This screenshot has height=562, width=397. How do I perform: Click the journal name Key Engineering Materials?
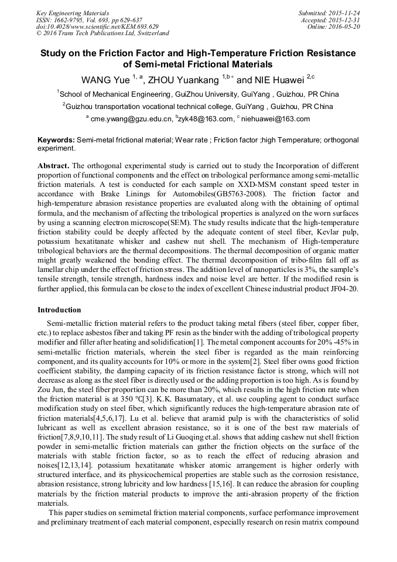coord(73,12)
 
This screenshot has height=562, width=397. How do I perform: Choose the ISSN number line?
coord(89,19)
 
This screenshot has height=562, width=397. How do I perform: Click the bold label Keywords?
coord(56,141)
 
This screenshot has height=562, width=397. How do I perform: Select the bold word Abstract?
coord(53,166)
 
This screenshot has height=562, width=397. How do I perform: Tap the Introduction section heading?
coord(59,309)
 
